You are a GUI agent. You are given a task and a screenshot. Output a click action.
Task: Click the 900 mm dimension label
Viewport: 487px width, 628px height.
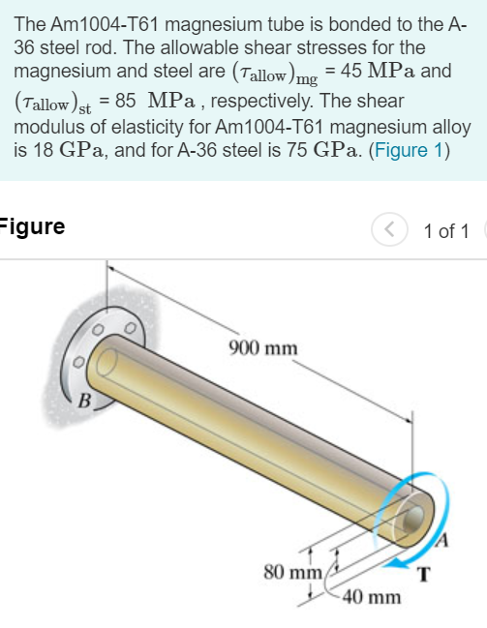point(263,346)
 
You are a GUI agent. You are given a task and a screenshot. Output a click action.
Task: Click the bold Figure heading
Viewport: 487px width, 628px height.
point(33,227)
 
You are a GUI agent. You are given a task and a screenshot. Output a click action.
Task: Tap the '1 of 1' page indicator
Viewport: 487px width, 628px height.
point(446,230)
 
